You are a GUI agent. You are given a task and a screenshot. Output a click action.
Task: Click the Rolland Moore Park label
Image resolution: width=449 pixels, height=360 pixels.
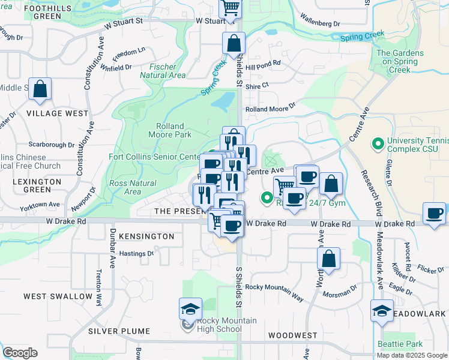[173, 131]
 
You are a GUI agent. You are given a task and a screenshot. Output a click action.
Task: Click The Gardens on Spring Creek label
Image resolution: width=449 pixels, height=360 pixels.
[400, 61]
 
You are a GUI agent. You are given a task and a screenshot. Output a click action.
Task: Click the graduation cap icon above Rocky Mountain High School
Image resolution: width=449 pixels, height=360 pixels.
[190, 310]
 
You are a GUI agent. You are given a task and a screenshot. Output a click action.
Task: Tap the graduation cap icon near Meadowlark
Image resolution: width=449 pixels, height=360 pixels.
[382, 311]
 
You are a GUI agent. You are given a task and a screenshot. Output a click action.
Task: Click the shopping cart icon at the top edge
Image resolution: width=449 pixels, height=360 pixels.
[231, 7]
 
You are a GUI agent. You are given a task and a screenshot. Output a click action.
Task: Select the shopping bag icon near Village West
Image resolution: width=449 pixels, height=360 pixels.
[40, 89]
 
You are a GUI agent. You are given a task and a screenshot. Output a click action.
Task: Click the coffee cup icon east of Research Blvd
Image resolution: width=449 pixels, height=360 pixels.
[434, 214]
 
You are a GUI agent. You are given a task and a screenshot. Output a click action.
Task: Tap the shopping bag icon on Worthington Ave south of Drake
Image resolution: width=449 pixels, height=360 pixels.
[328, 260]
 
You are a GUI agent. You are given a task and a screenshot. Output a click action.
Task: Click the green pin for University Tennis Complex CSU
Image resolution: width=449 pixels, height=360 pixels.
[378, 144]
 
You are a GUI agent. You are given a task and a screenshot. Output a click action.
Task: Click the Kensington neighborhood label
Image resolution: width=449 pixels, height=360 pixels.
[146, 236]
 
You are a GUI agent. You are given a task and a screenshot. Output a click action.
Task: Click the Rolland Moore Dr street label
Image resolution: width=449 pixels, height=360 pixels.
[271, 109]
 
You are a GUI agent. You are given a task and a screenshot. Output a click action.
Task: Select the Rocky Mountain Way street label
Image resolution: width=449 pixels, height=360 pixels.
[274, 288]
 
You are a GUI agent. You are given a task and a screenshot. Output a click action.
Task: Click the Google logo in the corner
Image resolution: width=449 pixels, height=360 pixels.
[20, 353]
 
